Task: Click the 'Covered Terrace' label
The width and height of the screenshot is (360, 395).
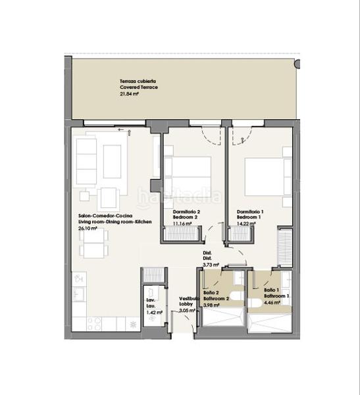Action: click(138, 87)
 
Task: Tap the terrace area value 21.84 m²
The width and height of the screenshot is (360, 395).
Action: click(129, 93)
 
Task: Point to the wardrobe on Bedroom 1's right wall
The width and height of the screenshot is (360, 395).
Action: click(284, 246)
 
